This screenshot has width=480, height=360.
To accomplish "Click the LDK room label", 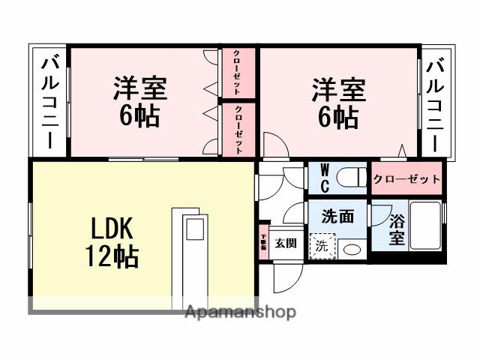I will (x=112, y=226).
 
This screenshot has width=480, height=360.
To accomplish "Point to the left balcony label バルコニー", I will (x=49, y=102).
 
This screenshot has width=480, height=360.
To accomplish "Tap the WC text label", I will (x=325, y=177).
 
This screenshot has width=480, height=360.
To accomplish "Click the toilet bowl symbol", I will (x=349, y=177).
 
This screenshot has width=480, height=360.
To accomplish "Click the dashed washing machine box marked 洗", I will (x=321, y=246).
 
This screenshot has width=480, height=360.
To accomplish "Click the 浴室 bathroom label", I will (x=397, y=229).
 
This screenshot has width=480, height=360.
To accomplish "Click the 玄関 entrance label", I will (x=284, y=243).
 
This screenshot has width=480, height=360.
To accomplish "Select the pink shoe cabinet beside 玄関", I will (x=263, y=242).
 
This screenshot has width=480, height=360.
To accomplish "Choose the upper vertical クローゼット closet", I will (x=238, y=73).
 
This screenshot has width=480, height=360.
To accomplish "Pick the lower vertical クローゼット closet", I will (x=238, y=129).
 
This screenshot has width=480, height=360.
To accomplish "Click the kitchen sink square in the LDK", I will (x=194, y=228).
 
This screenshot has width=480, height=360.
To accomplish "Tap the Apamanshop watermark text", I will (x=240, y=312).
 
